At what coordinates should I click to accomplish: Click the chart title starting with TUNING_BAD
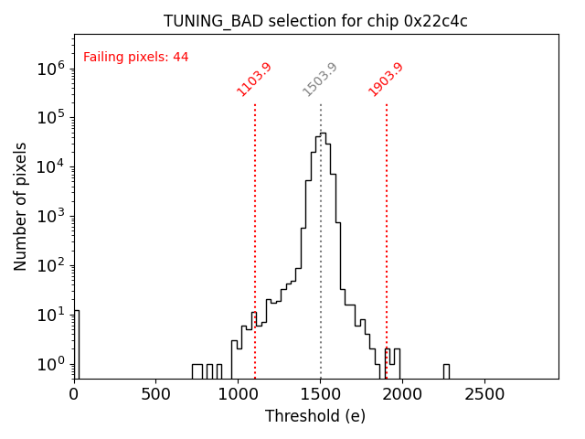[315, 21]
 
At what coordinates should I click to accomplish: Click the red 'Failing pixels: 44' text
[135, 57]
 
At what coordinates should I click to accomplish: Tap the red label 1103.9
[254, 79]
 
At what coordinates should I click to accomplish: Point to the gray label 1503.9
[320, 80]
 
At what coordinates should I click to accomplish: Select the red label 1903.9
[386, 79]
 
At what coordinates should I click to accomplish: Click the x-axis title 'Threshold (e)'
[315, 417]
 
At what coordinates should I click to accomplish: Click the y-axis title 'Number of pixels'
[21, 206]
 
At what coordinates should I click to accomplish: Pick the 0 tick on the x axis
[74, 394]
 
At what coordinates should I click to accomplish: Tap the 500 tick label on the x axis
[156, 394]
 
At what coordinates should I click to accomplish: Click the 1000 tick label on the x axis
[238, 394]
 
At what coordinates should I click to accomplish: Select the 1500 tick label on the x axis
[320, 394]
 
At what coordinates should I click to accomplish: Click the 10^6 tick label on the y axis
[50, 68]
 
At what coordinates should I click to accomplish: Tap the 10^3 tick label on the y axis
[50, 216]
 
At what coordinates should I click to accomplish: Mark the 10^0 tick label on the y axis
[50, 364]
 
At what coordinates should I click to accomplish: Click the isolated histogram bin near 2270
[446, 370]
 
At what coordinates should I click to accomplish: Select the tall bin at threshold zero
[76, 343]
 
